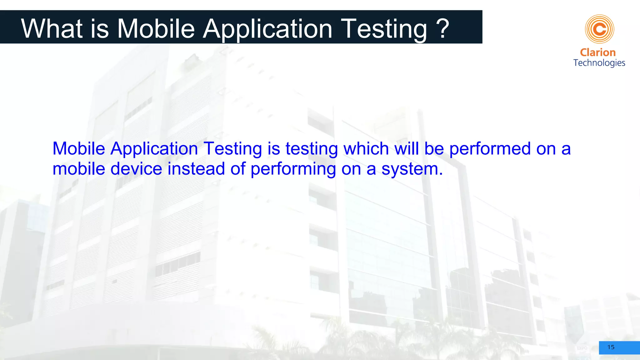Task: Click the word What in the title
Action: click(x=52, y=29)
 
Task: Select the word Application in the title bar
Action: click(x=267, y=29)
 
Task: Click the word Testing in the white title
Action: click(x=384, y=29)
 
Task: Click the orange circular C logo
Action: click(x=599, y=29)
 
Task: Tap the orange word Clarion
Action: click(x=597, y=52)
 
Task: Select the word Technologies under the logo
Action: click(x=599, y=63)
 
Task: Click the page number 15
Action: click(x=611, y=347)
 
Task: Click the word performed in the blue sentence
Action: click(x=490, y=148)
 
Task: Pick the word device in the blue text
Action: click(x=136, y=169)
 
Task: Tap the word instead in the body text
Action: click(x=196, y=169)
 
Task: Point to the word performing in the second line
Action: click(x=293, y=169)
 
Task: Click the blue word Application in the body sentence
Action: click(x=154, y=148)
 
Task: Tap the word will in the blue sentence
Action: click(x=406, y=148)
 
